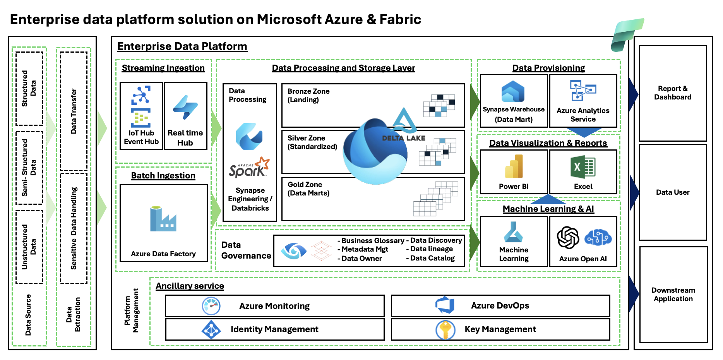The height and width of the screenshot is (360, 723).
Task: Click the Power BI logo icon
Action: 514,166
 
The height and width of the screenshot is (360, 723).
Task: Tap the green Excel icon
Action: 583,167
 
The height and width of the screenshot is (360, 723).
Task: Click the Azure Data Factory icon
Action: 163,219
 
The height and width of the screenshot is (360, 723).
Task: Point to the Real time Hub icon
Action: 185,107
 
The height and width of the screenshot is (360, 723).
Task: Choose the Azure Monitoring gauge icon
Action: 211,306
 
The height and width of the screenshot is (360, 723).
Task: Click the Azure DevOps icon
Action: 445,305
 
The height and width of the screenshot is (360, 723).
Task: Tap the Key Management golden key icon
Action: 445,330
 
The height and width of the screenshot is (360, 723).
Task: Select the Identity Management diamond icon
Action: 211,329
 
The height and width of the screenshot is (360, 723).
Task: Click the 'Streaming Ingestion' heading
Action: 163,68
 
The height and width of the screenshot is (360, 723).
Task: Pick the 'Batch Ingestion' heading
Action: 163,176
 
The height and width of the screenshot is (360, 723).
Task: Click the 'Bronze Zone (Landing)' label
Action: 308,96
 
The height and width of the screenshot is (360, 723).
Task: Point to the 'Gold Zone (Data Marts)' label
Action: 308,189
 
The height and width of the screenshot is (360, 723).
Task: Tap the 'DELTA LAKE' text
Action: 403,138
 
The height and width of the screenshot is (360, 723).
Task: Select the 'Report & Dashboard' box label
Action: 673,93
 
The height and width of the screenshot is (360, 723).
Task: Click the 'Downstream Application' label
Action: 673,295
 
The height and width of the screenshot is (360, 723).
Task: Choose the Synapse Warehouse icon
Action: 513,92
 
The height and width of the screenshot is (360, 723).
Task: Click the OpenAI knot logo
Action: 568,237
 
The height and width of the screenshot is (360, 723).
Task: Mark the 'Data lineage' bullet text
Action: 431,249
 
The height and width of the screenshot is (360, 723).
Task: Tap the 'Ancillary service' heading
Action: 190,286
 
